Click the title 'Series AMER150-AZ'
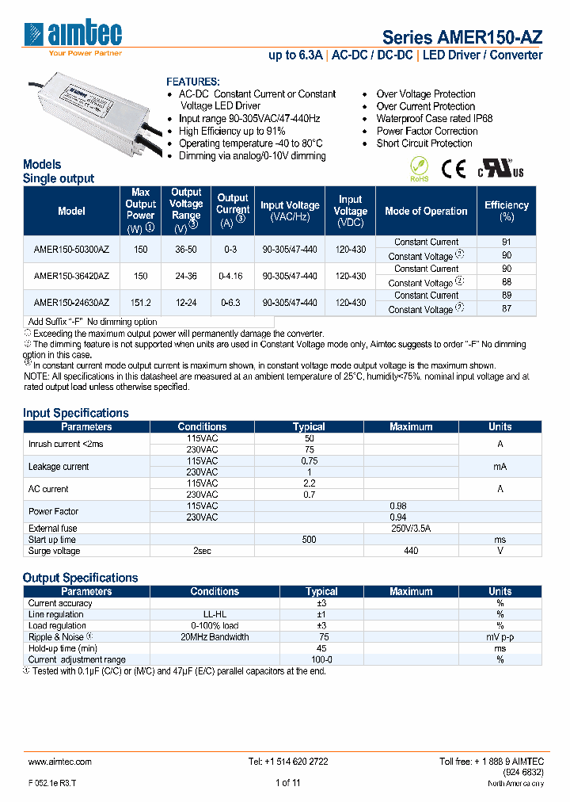click(462, 37)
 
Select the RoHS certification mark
click(419, 169)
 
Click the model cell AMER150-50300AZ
click(71, 249)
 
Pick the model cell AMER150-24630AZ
click(71, 302)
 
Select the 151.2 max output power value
click(140, 302)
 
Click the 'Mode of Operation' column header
click(426, 211)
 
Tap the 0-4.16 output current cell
click(232, 276)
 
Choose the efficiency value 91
click(507, 242)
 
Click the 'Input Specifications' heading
click(75, 413)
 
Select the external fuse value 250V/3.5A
click(411, 528)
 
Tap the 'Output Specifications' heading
click(80, 578)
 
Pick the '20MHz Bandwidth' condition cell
click(215, 636)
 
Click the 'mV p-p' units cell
click(500, 636)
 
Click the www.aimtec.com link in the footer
click(59, 761)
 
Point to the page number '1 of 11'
click(287, 783)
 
